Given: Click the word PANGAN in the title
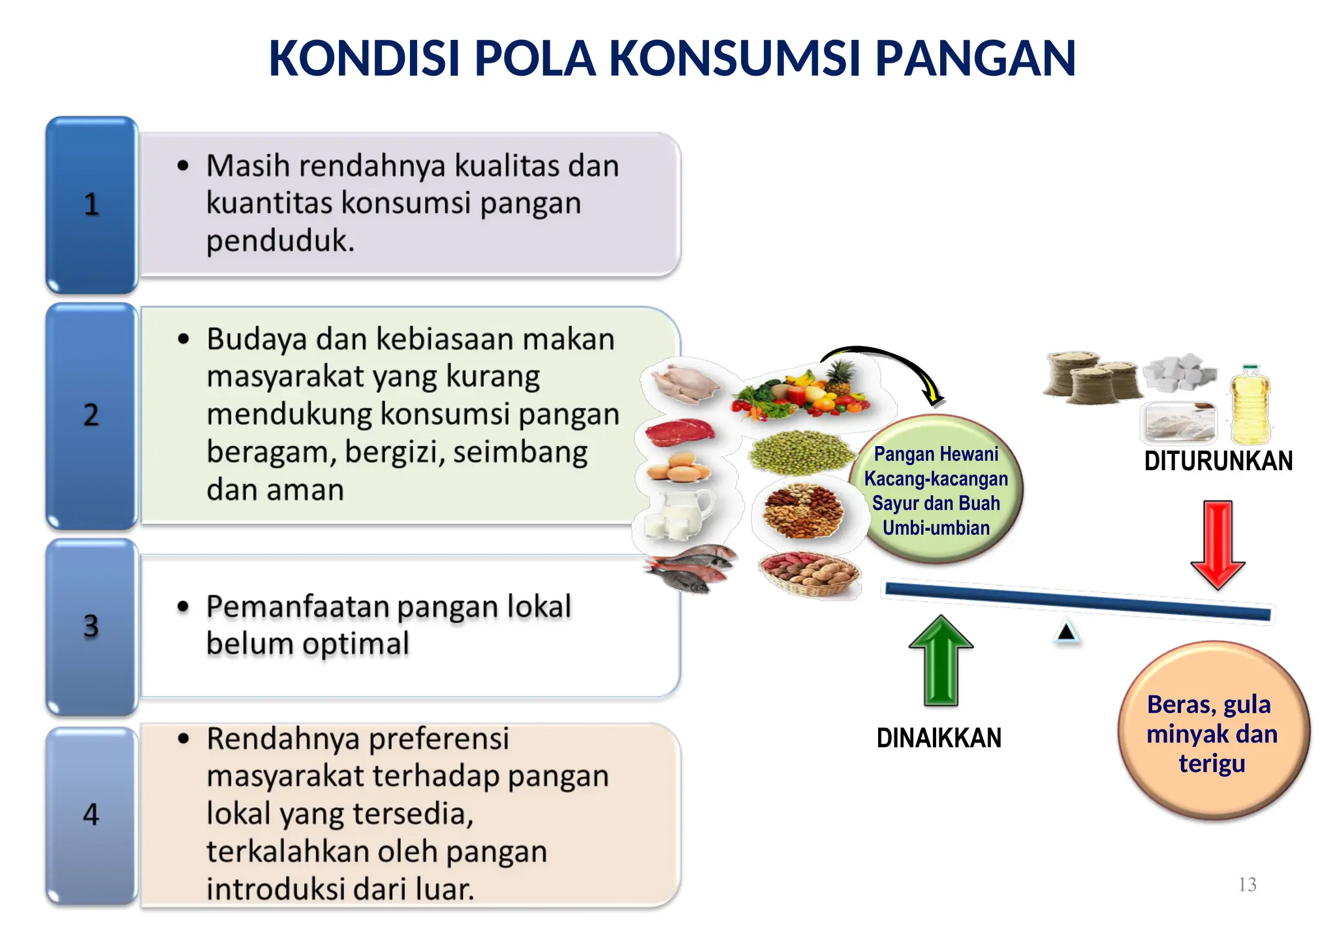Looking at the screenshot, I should (x=975, y=59).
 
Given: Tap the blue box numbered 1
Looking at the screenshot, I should (x=91, y=204).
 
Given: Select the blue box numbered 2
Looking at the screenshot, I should (x=91, y=415).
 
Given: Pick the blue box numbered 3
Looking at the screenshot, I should (x=91, y=626).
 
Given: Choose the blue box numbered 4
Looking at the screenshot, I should (x=91, y=814).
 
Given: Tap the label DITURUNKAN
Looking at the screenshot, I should (x=1218, y=461).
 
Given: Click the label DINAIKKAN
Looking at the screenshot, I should (x=939, y=738).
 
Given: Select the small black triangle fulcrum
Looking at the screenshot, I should (x=1066, y=631).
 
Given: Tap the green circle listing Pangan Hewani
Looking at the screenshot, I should (x=936, y=490).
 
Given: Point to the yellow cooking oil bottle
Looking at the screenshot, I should (x=1249, y=405).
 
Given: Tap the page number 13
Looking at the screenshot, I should (x=1247, y=884).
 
